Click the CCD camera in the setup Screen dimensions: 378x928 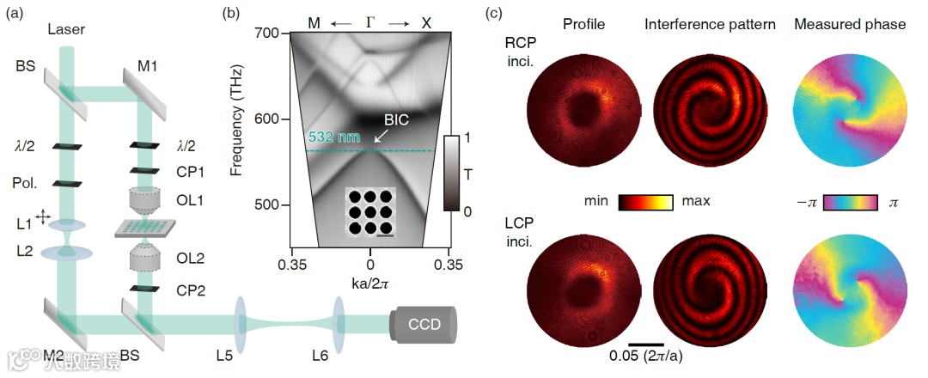(423, 326)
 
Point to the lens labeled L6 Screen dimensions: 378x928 (340, 326)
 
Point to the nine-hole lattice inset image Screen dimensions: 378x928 (370, 211)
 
